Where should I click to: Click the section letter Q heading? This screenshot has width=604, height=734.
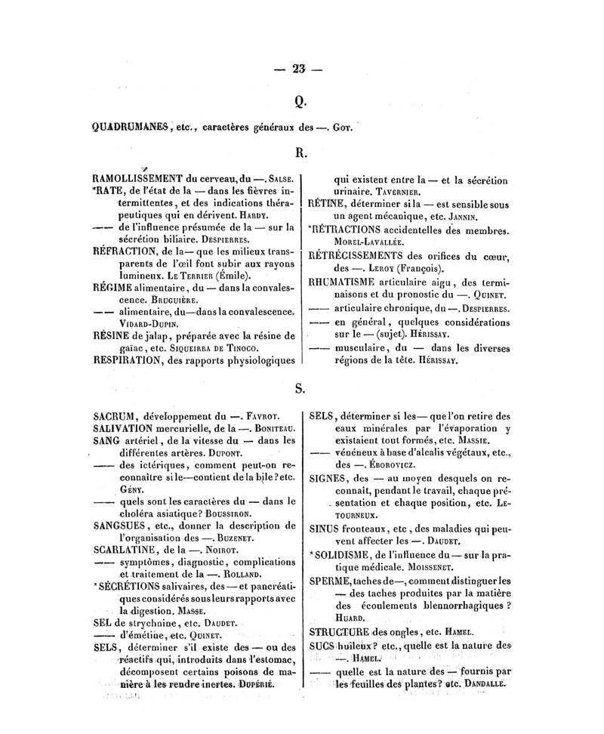(300, 99)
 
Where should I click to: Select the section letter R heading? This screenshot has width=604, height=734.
(300, 152)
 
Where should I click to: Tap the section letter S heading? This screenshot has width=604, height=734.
(300, 389)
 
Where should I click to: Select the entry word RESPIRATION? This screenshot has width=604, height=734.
(127, 360)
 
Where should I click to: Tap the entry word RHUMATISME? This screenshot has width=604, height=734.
(347, 282)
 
